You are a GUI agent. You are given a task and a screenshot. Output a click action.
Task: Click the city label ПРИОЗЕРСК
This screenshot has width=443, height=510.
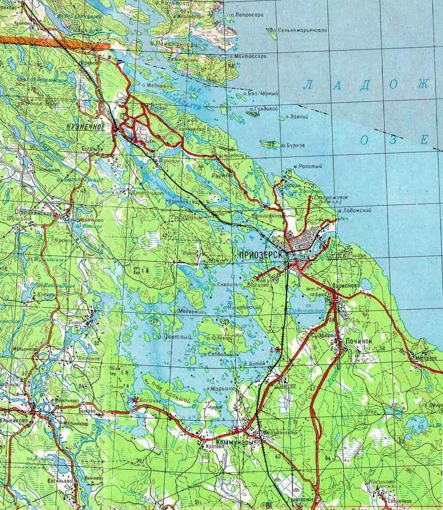pos(260,255)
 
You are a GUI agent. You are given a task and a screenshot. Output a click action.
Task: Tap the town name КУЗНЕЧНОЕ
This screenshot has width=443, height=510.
pos(86,127)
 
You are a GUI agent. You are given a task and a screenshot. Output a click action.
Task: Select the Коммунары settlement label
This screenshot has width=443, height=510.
pos(235,442)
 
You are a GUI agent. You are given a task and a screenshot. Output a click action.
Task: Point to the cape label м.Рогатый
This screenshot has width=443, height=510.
pos(308,166)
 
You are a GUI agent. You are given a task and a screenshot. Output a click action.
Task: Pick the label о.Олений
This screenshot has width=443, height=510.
pos(219,338)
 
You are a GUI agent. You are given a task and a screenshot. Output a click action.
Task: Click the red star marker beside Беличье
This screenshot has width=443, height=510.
pos(135,399)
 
